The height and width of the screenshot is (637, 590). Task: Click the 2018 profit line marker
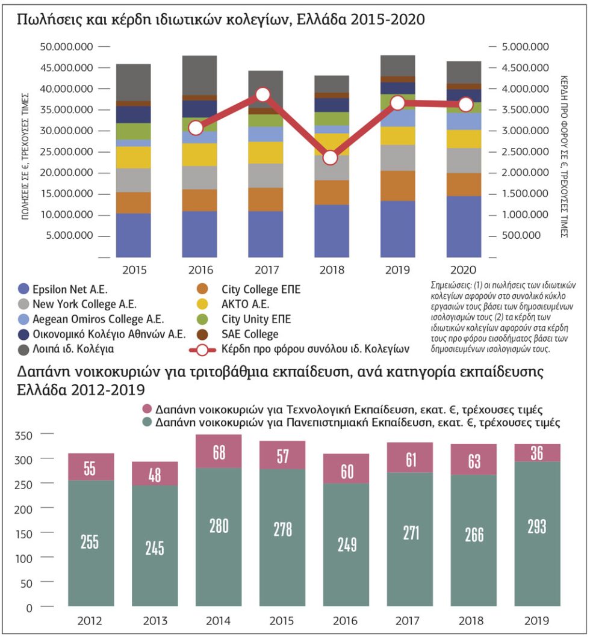[x=330, y=158]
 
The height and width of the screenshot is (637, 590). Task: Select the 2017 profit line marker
[x=263, y=94]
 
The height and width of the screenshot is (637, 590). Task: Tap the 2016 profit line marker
[x=196, y=128]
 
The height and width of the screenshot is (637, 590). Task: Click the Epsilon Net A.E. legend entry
[x=63, y=289]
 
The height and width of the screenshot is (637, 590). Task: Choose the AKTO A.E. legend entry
[x=233, y=304]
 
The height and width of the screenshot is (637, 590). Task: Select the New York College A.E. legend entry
[x=78, y=304]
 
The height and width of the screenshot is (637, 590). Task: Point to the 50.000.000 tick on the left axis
[x=67, y=47]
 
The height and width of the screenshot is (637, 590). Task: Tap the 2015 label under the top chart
[x=134, y=269]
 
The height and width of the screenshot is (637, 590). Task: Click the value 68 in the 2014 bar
[x=219, y=452]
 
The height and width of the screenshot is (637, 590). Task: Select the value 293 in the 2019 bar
[x=537, y=526]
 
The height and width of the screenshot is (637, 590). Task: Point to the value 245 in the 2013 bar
[x=155, y=548]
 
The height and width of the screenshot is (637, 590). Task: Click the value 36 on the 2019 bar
[x=537, y=453]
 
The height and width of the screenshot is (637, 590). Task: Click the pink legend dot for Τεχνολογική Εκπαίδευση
[x=147, y=408]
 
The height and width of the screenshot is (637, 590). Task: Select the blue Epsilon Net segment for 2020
[x=464, y=227]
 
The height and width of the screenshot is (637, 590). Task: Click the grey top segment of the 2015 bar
[x=134, y=82]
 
